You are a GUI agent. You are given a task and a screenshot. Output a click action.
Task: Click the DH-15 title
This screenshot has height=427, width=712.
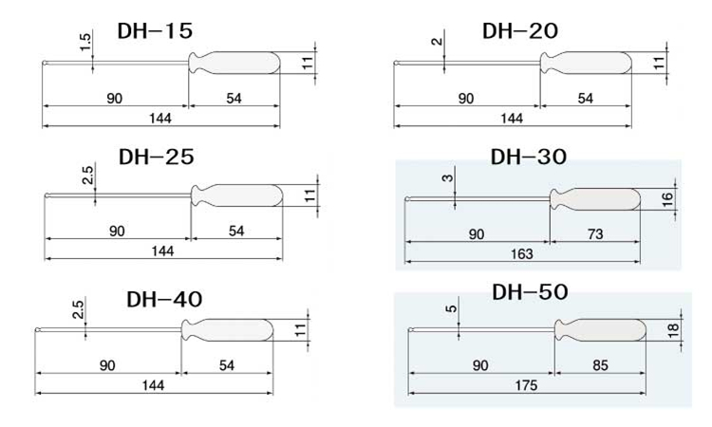155,31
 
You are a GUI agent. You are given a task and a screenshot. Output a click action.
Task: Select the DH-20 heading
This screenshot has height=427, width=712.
520,31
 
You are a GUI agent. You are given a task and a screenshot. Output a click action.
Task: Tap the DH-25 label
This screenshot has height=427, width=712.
157,157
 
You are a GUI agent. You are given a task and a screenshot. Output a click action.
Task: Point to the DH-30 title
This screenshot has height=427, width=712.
529,157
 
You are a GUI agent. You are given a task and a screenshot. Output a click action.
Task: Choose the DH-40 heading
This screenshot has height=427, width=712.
164,300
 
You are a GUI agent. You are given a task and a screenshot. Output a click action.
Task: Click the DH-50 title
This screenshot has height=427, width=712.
530,291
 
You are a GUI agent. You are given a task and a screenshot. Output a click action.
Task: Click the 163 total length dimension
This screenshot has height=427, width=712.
522,254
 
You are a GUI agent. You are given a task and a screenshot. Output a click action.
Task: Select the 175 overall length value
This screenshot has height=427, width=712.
526,385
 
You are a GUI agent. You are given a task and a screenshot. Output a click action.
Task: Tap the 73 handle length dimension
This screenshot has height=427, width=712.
595,234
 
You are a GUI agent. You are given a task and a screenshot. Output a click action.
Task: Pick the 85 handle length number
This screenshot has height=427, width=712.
600,365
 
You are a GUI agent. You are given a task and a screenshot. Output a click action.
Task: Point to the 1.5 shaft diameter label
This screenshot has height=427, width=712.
85,42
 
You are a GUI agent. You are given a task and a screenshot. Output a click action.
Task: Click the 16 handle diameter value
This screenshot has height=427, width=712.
667,199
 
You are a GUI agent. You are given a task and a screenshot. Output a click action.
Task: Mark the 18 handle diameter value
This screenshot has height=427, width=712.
673,330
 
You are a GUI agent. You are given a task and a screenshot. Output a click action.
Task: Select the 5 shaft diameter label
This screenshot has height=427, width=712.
451,309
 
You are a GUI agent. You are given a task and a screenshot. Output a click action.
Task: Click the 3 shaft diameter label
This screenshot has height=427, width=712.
448,177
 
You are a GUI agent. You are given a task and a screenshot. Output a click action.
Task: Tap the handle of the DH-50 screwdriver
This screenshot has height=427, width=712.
600,330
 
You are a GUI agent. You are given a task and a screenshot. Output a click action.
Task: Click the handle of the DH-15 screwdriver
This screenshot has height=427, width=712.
234,63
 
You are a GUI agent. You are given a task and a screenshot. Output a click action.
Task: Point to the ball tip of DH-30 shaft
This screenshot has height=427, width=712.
407,198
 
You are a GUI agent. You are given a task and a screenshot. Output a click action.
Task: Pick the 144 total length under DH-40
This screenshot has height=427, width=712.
153,385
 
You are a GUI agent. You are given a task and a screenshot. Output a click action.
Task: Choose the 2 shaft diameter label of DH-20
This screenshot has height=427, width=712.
437,42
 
